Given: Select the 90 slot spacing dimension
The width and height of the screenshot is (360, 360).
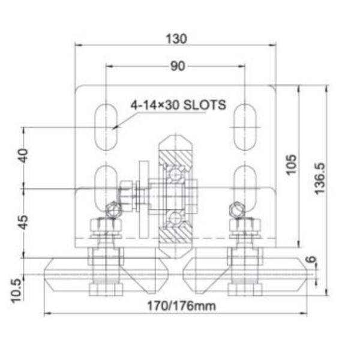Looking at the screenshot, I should point(177,66).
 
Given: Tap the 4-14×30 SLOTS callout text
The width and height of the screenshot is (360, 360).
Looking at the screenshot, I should point(178,105).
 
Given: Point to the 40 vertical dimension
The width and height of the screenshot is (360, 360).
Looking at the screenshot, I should point(23,156).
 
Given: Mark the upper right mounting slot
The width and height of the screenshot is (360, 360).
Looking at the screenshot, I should point(245,126).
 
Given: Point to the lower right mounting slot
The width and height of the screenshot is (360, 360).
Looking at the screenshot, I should point(245,183).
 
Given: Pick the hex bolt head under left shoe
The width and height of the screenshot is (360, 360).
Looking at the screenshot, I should point(106,290).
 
